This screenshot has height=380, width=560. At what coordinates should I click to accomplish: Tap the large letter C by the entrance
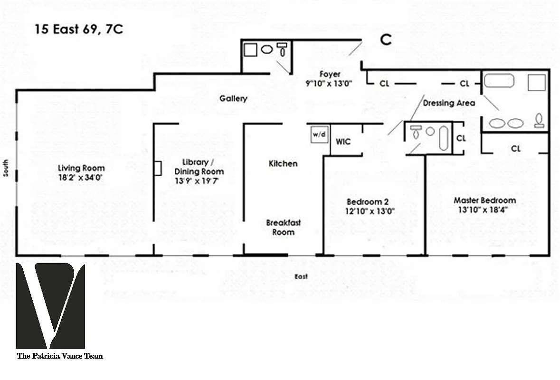tap(387, 40)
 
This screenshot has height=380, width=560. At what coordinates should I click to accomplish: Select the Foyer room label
tap(330, 75)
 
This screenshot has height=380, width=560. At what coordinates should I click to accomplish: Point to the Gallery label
tap(233, 99)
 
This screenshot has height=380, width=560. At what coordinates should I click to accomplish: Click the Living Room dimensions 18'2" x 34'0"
tap(81, 178)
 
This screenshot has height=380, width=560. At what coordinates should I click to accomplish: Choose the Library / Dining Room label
tap(199, 167)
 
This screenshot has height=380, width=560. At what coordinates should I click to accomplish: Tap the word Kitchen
tap(283, 163)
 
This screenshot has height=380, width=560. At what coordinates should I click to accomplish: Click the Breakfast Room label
tap(283, 228)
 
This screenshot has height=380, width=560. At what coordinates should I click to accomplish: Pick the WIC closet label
tap(343, 142)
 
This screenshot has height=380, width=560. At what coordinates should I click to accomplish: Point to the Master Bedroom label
tap(484, 200)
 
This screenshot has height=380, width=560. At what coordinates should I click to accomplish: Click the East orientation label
tap(301, 276)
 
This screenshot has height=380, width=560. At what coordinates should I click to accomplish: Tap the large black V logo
tap(50, 305)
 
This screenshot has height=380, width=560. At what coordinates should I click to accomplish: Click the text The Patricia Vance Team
tap(59, 356)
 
